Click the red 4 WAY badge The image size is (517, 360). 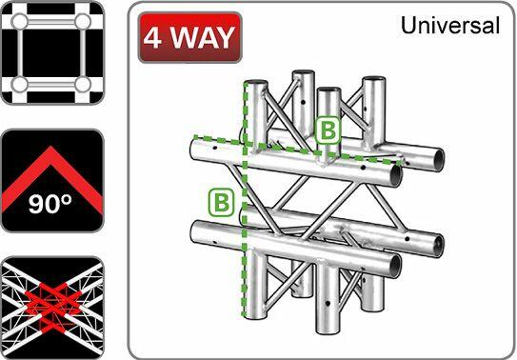189,37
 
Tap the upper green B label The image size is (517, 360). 328,130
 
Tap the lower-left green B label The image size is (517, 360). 221,201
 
